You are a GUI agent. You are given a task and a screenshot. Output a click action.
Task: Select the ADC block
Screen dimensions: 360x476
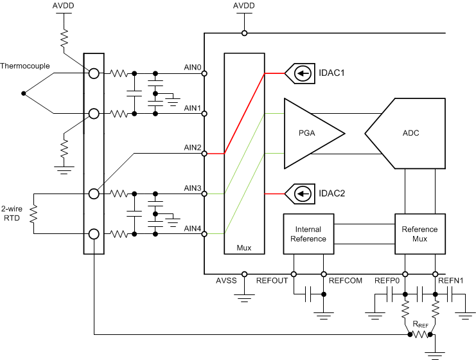tap(405, 133)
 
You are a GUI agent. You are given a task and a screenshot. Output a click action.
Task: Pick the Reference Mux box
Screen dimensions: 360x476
tap(419, 234)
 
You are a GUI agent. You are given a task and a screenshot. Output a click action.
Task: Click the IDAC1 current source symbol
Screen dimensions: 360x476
tap(300, 73)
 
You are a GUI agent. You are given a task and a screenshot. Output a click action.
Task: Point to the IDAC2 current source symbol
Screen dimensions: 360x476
tap(300, 192)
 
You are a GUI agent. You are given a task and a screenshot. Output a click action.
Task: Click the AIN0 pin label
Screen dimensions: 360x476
tap(193, 67)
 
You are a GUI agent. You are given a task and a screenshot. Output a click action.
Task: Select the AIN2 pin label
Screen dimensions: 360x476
tap(193, 147)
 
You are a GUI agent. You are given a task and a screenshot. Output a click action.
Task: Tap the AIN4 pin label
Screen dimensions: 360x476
tap(193, 228)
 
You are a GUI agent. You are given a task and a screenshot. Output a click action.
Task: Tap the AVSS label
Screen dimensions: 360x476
tap(227, 281)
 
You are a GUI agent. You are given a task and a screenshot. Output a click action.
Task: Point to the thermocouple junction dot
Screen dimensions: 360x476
tap(24, 94)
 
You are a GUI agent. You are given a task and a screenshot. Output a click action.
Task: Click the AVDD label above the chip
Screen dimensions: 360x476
tap(243, 6)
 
